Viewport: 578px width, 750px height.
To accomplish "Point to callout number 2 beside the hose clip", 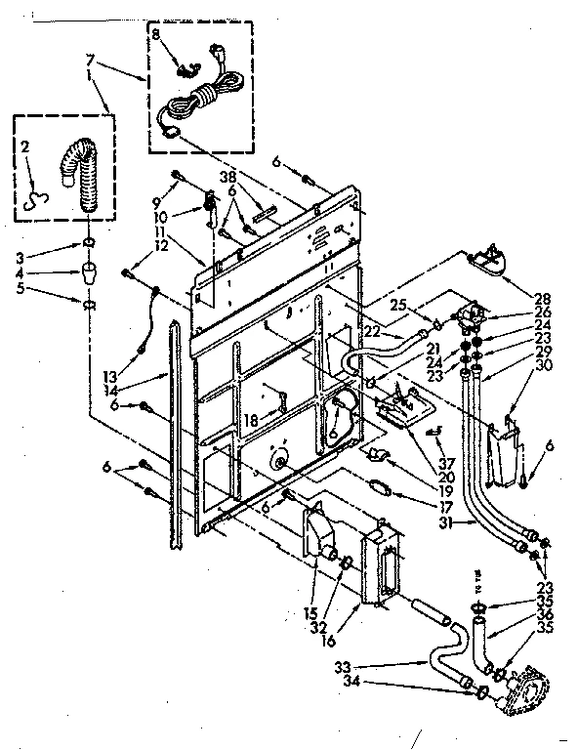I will click(26, 149).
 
